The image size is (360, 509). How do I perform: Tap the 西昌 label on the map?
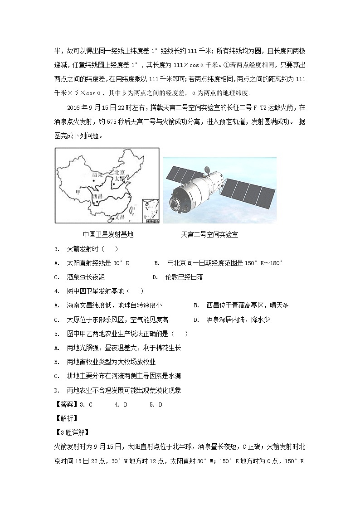97,197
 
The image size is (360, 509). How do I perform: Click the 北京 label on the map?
120,172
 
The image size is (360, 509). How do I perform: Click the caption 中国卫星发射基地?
108,235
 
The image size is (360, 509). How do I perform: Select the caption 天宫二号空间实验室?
209,235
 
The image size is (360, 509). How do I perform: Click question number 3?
57,249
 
